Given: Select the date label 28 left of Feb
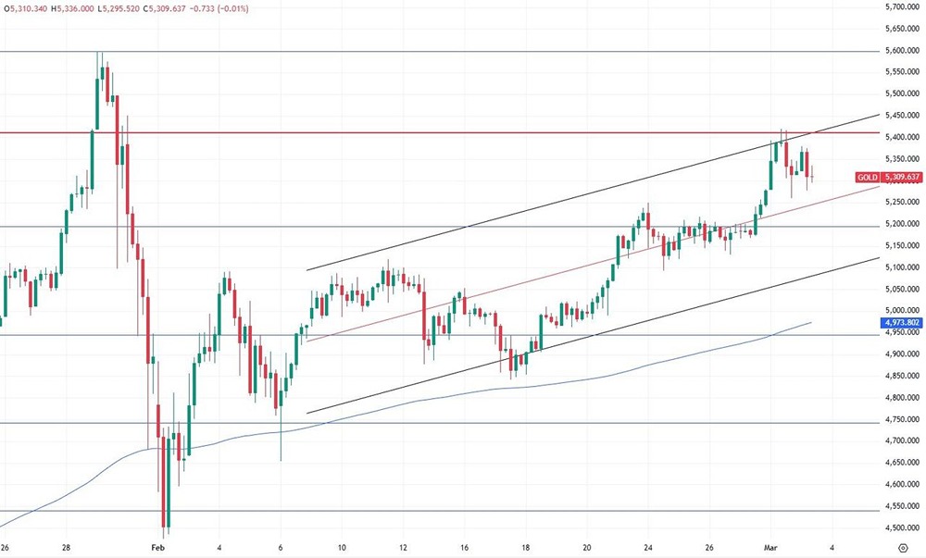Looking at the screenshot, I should pyautogui.click(x=66, y=547).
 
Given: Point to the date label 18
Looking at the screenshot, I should pyautogui.click(x=525, y=547).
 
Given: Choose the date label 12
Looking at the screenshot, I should pyautogui.click(x=403, y=547).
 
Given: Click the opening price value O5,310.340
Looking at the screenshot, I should pyautogui.click(x=26, y=7).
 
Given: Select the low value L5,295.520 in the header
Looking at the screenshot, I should pyautogui.click(x=125, y=7).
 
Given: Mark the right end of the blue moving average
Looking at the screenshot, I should pyautogui.click(x=811, y=322).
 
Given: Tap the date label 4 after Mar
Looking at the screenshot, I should pyautogui.click(x=832, y=547).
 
